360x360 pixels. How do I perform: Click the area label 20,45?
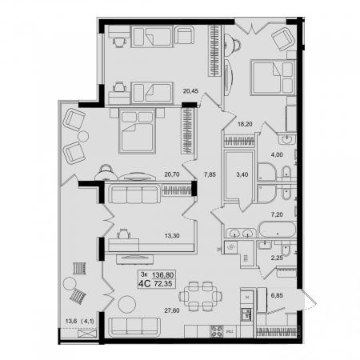click(190, 91)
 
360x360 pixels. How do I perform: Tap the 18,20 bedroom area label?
click(245, 124)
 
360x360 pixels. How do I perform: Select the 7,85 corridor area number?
click(210, 174)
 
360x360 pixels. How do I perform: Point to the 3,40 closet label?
click(242, 174)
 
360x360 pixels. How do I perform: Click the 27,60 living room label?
click(172, 310)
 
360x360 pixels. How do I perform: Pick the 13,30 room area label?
click(172, 236)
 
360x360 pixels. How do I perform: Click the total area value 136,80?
click(163, 275)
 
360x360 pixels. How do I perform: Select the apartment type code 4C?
click(144, 284)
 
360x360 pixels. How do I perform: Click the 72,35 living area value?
click(163, 284)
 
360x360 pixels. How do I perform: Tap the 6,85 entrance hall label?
click(277, 295)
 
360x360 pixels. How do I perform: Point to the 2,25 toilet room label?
click(277, 258)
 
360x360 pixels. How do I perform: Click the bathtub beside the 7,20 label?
click(278, 230)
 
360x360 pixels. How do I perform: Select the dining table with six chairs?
click(201, 296)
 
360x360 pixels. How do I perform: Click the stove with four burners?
click(217, 331)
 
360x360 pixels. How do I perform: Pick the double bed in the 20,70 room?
click(137, 130)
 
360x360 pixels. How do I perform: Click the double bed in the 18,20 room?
click(273, 78)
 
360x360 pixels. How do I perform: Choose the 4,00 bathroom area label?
click(277, 154)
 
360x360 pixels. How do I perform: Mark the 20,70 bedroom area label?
click(172, 174)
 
